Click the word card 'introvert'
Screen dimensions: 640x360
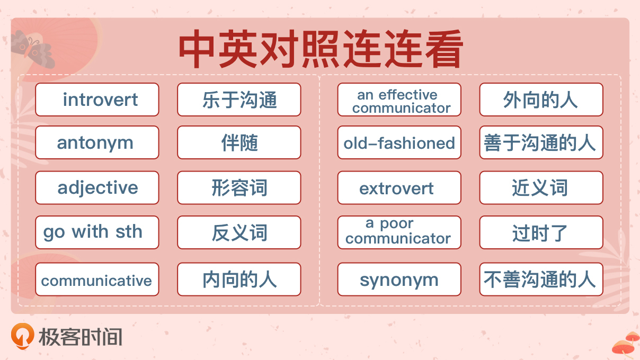pos(97,100)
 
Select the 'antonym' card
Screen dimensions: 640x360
pos(97,142)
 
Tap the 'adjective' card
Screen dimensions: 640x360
pos(97,187)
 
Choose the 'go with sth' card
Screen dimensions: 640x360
pos(97,232)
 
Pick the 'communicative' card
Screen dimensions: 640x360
pos(97,279)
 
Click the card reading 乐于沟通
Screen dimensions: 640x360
pos(239,100)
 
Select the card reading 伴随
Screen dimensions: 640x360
pos(239,142)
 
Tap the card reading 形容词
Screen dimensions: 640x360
pos(239,187)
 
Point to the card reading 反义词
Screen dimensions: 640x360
pos(239,232)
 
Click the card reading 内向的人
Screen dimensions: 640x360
pos(239,279)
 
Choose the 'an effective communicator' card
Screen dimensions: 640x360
pos(399,100)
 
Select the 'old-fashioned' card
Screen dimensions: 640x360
pos(399,142)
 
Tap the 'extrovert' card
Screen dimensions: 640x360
pos(399,187)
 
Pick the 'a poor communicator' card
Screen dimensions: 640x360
pos(399,232)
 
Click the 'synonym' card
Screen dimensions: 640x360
pos(399,279)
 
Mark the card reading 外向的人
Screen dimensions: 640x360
pos(541,100)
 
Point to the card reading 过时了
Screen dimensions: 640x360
pos(541,232)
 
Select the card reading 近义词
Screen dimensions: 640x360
pos(541,187)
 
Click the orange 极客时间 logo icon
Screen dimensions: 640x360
pos(23,336)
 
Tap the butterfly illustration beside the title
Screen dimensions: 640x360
pos(33,49)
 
